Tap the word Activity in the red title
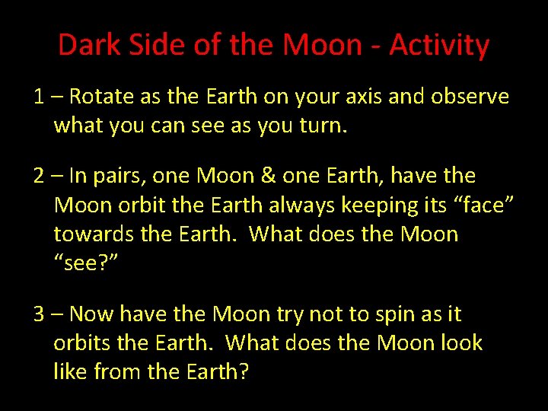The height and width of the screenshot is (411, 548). (x=439, y=46)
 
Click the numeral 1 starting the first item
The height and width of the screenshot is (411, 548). (x=38, y=97)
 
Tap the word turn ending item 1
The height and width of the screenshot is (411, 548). (x=324, y=125)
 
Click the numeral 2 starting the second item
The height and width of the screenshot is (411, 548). (x=39, y=176)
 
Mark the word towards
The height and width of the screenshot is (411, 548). (x=91, y=234)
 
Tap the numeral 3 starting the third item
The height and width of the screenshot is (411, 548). (x=39, y=314)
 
